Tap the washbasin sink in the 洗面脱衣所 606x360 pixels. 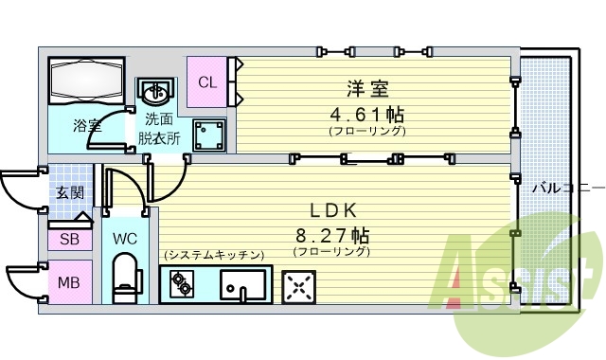click(x=156, y=92)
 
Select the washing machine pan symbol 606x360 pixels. click(x=208, y=135)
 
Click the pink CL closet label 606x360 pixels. click(x=206, y=81)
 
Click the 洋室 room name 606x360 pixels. click(x=367, y=90)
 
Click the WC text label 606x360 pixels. click(x=126, y=239)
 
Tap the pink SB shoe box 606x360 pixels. click(x=69, y=240)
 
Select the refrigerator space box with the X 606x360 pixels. click(x=299, y=284)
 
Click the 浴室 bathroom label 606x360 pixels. click(x=88, y=124)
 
